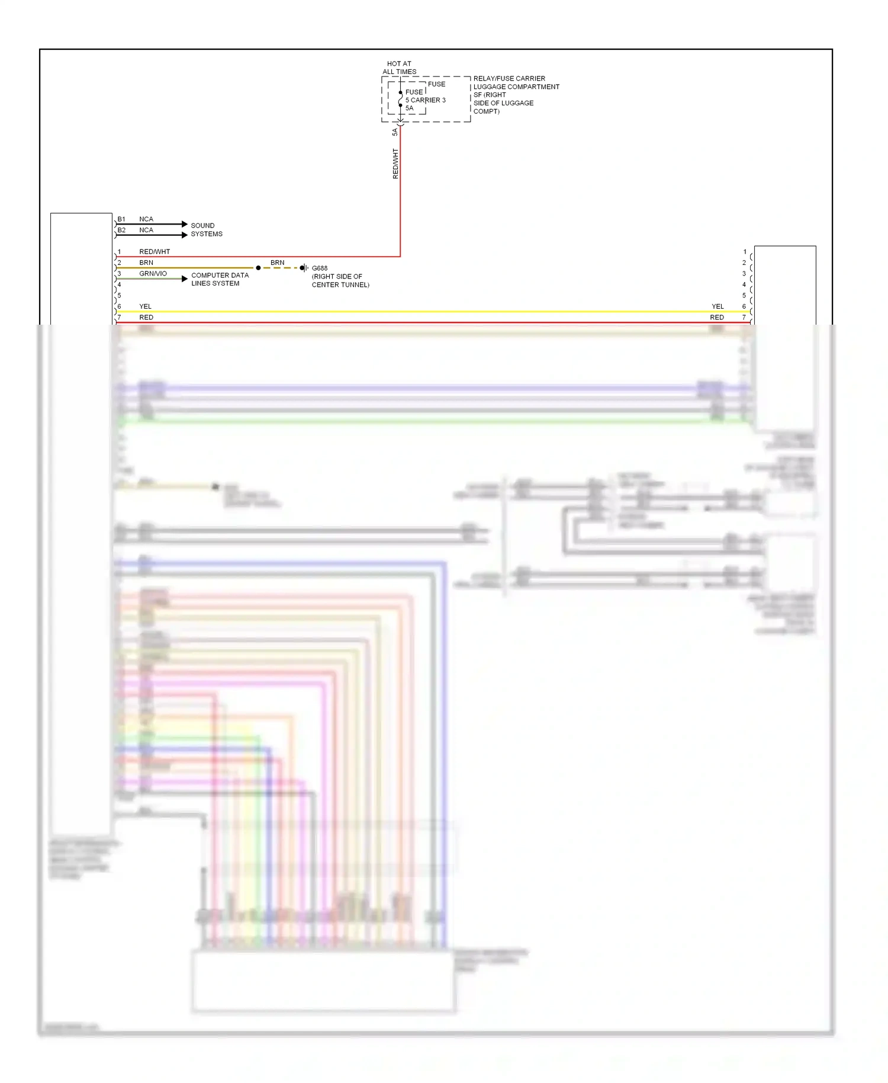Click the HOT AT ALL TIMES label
point(399,68)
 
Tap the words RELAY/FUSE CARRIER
point(509,78)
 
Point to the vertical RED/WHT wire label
point(395,164)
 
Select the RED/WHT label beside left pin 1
point(155,252)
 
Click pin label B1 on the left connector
point(121,219)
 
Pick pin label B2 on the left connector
point(121,230)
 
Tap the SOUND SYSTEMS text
point(207,230)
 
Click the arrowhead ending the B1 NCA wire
point(185,224)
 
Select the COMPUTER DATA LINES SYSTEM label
point(220,279)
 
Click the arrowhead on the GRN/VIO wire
point(185,278)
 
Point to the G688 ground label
point(320,268)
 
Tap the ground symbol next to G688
point(304,268)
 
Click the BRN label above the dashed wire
point(277,262)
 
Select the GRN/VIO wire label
point(153,274)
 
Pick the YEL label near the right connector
point(718,306)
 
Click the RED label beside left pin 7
point(146,318)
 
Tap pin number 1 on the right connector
point(745,252)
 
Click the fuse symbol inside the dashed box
point(401,99)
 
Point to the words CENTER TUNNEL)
point(340,285)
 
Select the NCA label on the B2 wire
point(146,230)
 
